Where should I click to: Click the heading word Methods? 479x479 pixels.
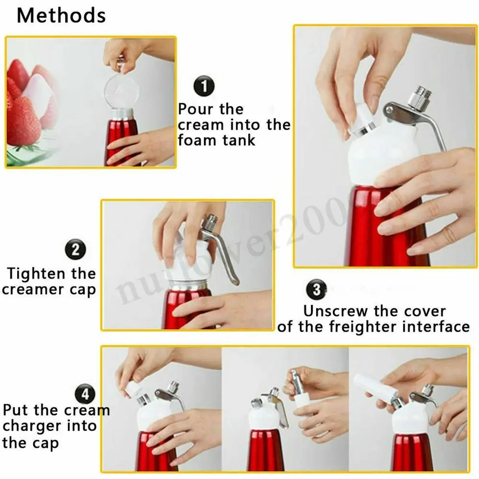pos(61,16)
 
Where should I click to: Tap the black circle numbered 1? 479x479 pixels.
pos(204,88)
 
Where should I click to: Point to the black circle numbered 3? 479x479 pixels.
pos(316,290)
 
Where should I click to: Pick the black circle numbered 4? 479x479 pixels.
pos(85,394)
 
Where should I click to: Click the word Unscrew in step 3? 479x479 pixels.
pos(336,311)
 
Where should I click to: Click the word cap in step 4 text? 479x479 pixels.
pos(48,442)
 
